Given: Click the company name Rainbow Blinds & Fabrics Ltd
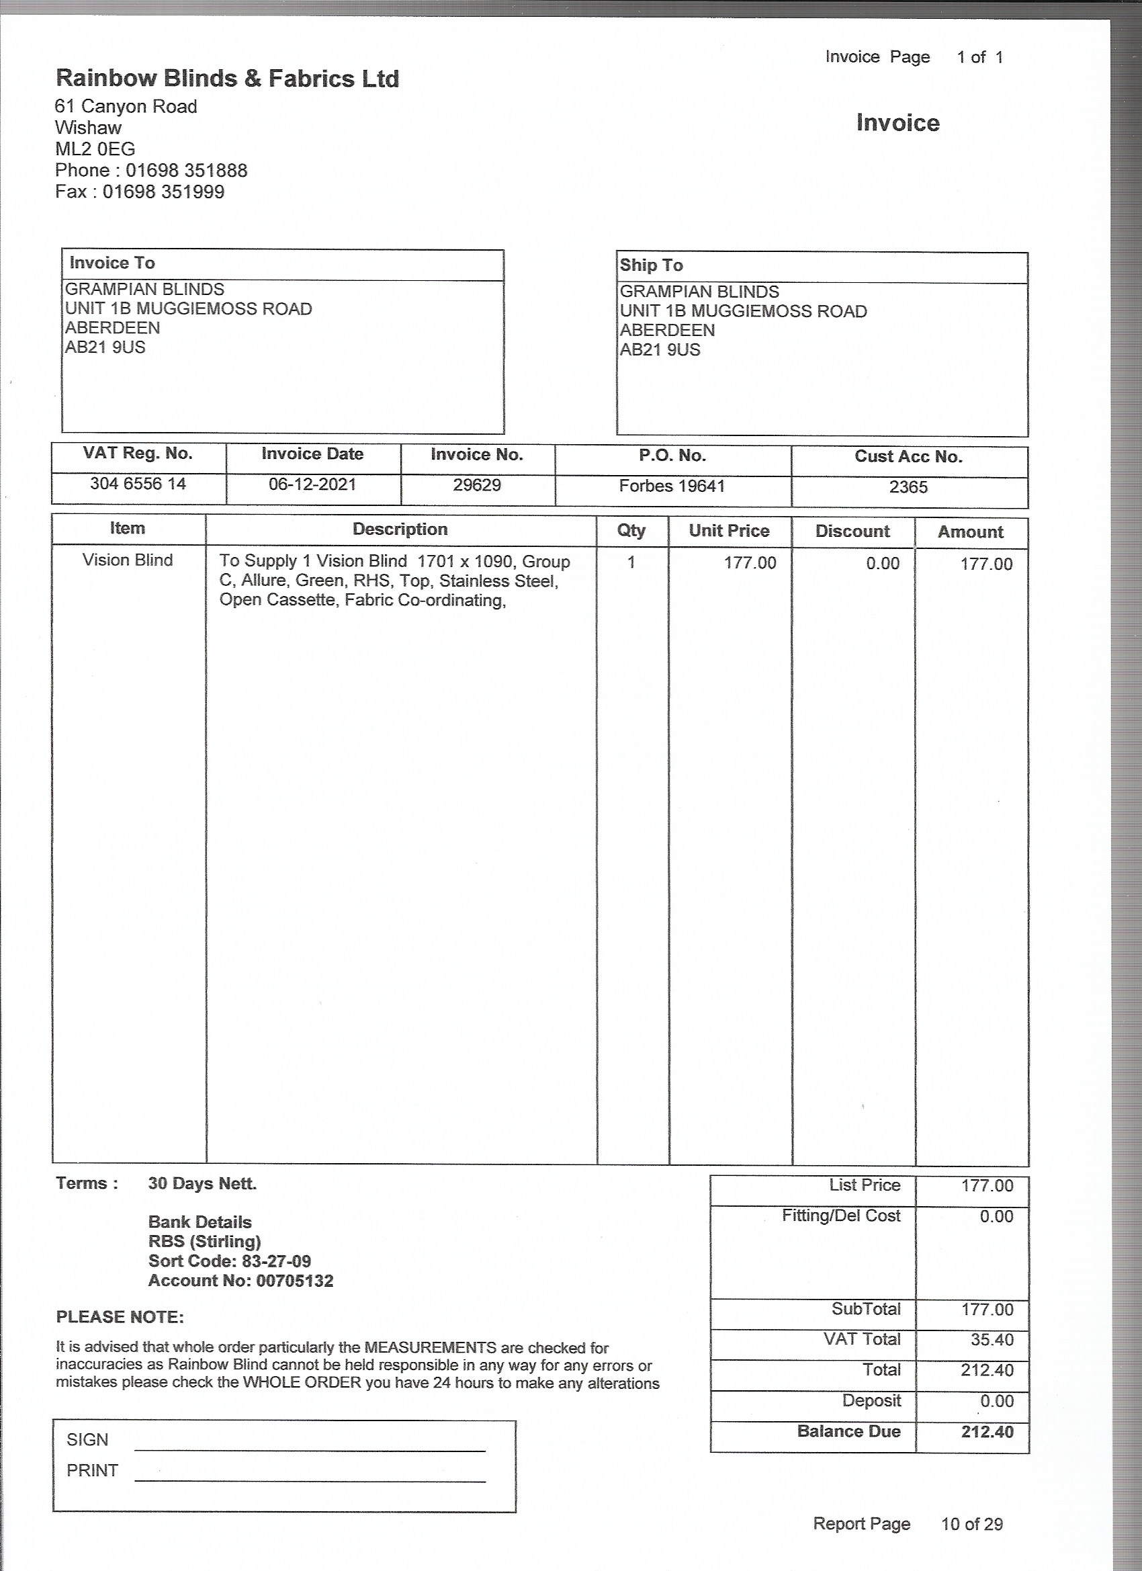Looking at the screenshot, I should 227,78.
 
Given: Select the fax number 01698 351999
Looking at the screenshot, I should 163,192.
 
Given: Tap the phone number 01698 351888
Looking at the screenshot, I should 186,171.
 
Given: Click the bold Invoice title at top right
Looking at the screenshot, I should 897,122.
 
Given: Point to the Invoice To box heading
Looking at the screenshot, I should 112,263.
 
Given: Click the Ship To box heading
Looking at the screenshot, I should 651,265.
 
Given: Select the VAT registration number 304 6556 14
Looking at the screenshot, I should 138,484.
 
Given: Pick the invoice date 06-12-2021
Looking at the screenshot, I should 312,484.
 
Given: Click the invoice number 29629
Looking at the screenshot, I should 476,485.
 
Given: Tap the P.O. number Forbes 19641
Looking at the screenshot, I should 672,486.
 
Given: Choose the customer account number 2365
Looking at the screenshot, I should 908,487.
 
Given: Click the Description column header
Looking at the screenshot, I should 400,529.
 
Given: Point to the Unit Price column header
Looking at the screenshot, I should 729,531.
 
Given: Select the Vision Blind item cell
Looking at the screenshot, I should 128,560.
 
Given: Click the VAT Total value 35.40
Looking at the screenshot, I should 992,1340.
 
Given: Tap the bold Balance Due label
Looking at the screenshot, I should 848,1432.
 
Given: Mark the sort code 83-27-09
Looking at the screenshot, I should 276,1261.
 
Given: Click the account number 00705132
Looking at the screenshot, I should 294,1281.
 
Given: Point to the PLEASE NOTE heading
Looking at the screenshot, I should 120,1317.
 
